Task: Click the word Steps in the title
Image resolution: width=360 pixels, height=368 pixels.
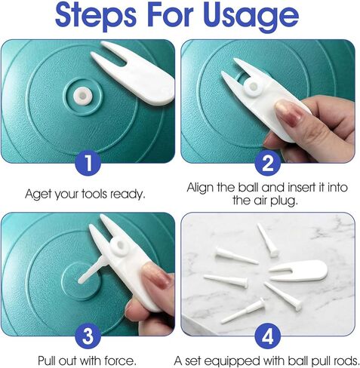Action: pos(96,15)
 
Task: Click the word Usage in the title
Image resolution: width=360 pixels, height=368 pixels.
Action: pos(251,15)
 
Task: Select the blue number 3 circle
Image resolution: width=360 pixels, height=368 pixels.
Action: pos(88,336)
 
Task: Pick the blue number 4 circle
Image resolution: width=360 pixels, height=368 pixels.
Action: pos(267,336)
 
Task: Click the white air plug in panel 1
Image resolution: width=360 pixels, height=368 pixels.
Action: pos(82,96)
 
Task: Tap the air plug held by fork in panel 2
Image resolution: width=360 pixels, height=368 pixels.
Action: pos(253,87)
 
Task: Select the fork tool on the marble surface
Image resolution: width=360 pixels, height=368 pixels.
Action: pos(298,271)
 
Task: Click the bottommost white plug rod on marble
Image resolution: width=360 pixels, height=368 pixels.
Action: pos(244,310)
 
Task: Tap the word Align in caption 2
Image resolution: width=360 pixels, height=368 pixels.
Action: pos(200,188)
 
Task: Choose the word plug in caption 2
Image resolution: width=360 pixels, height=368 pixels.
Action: pos(284,201)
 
